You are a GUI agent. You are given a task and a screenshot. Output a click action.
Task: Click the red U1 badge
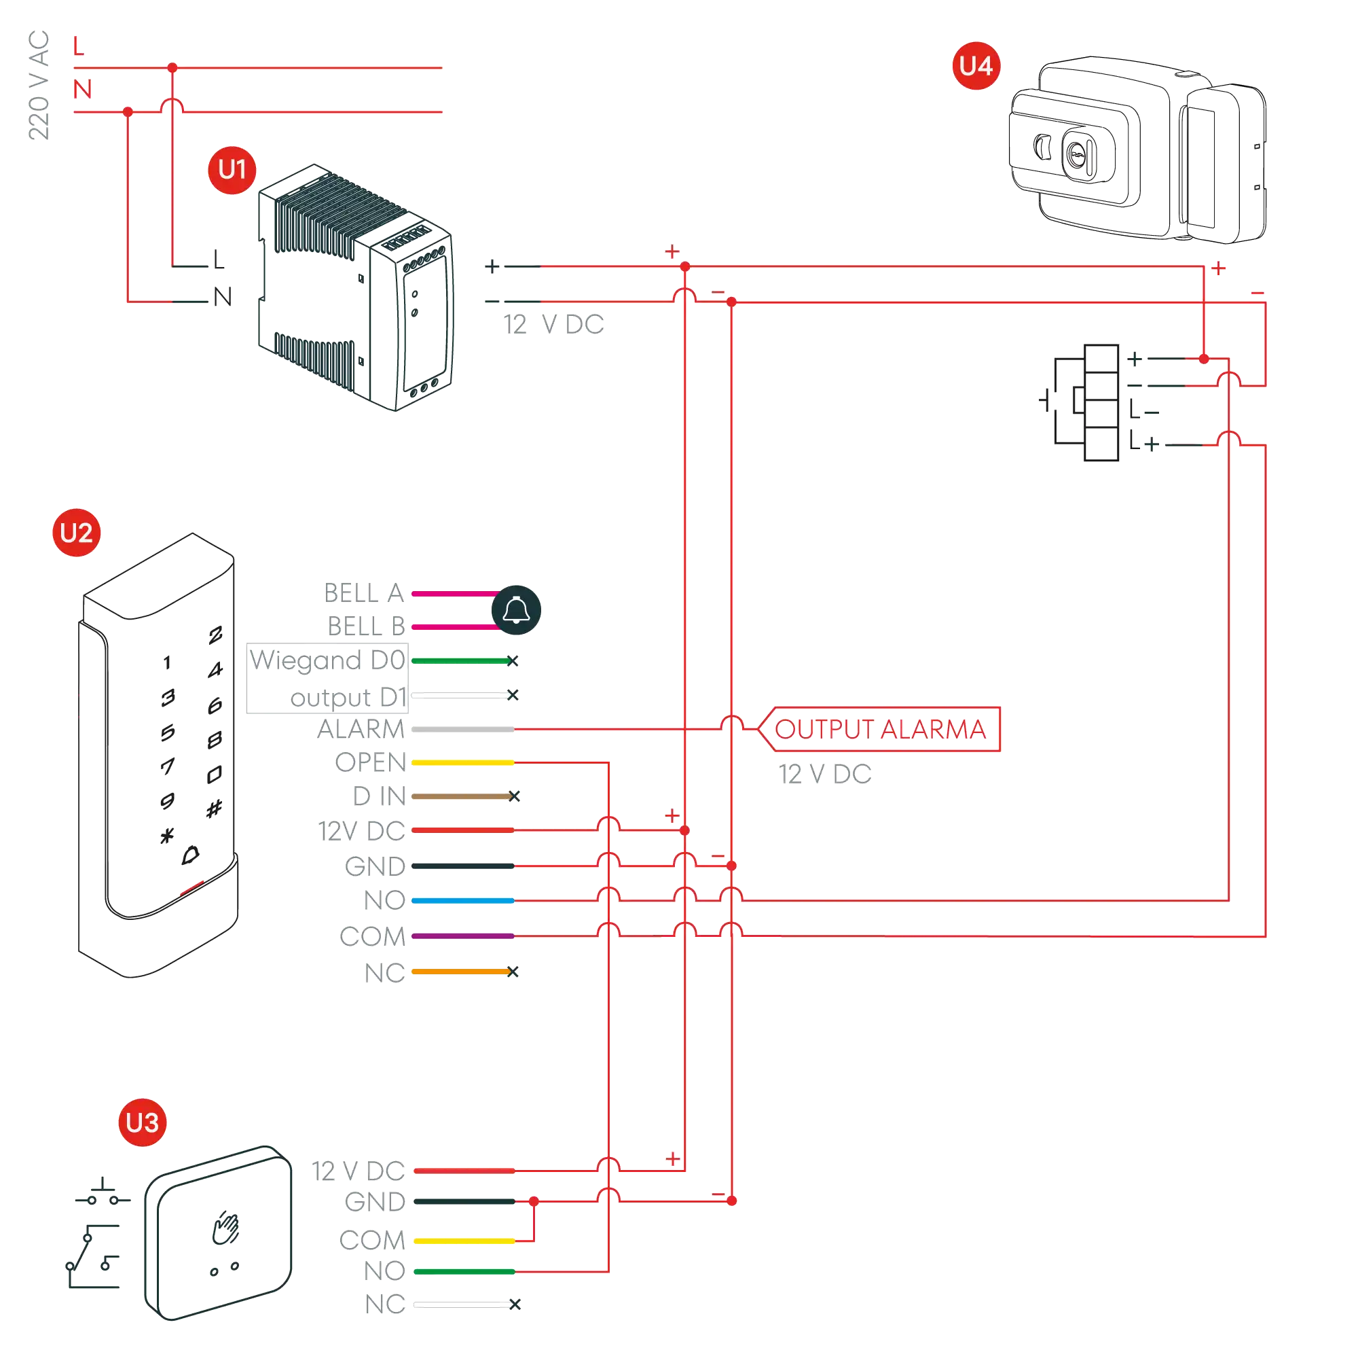point(232,170)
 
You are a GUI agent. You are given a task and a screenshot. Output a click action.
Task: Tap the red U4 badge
point(976,66)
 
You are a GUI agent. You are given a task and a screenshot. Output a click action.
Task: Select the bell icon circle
point(516,610)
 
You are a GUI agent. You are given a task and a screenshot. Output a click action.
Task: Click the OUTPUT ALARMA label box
point(880,729)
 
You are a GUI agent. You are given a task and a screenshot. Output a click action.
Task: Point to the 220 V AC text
point(38,85)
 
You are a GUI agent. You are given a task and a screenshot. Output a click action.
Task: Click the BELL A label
point(364,593)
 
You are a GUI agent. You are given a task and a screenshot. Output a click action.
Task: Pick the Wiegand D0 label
point(327,660)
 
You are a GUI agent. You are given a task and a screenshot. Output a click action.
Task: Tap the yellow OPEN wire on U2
point(462,762)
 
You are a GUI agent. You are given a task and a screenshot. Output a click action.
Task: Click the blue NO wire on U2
point(462,901)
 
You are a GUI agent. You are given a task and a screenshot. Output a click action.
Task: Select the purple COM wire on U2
point(462,936)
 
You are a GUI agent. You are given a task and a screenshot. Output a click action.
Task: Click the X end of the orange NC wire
point(514,972)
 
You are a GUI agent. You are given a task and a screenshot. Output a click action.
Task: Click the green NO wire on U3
point(464,1271)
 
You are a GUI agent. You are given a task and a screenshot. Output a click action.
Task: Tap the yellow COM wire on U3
point(464,1241)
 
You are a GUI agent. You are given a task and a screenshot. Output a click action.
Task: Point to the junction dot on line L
point(172,68)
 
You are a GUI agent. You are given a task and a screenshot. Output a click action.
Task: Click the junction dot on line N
point(128,112)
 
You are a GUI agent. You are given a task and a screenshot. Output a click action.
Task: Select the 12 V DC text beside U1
point(554,325)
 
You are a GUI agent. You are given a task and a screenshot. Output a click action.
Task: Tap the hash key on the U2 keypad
point(215,808)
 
